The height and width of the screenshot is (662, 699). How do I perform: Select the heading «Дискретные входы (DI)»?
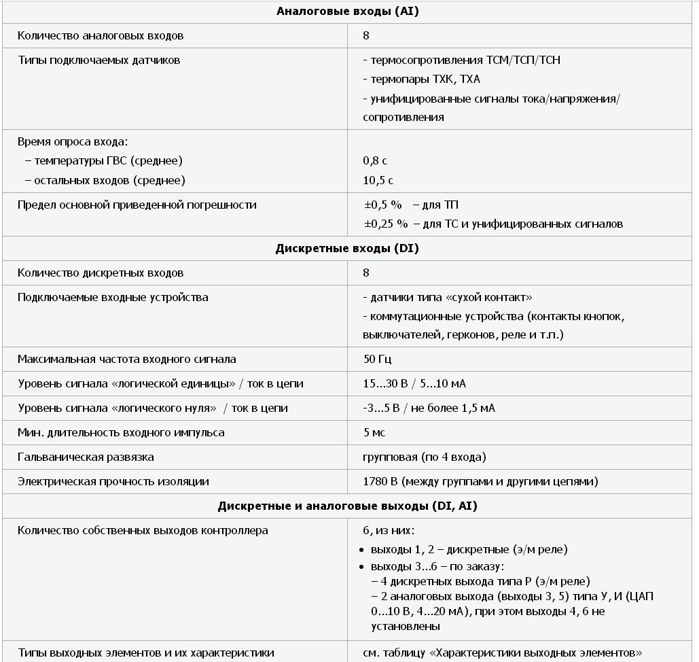(x=347, y=248)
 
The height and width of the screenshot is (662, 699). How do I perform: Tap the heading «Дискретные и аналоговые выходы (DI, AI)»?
(x=347, y=506)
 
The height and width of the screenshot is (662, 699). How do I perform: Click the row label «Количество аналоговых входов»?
(x=101, y=35)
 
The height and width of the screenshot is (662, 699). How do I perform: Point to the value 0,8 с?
(x=375, y=161)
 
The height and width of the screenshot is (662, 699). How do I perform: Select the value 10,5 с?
(x=378, y=180)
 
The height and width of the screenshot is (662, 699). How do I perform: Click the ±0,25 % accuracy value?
(x=386, y=224)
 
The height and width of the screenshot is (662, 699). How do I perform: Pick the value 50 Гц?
(x=378, y=359)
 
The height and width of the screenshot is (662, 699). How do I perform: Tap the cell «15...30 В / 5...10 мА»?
(x=414, y=383)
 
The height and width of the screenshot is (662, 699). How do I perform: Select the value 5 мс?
(x=375, y=432)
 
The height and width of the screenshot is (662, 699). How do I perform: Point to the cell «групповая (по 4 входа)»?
(x=425, y=457)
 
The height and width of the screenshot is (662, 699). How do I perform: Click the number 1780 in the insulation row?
(x=376, y=481)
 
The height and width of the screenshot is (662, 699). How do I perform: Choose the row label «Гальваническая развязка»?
(x=86, y=457)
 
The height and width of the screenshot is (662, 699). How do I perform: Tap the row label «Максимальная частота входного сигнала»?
(x=127, y=359)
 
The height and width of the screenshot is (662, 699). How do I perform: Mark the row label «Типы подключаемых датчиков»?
(x=99, y=60)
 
